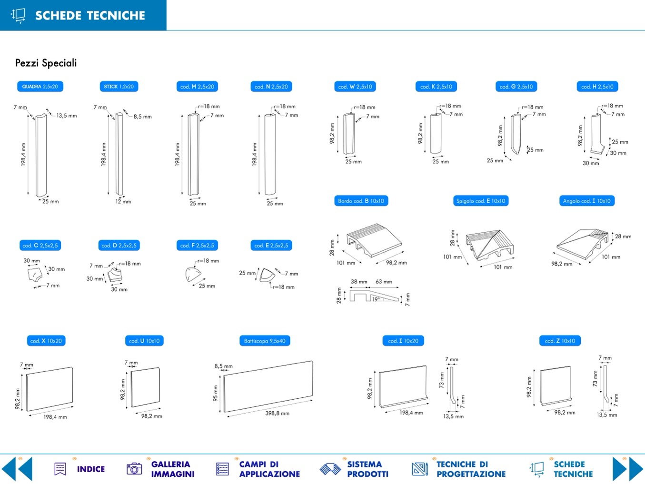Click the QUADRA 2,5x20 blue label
point(40,87)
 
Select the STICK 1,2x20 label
point(119,87)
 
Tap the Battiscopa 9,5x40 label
point(265,341)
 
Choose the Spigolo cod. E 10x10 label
point(481,201)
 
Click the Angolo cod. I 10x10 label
point(586,201)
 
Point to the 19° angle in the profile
point(376,299)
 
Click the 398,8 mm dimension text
point(277,413)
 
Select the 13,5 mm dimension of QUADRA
point(67,116)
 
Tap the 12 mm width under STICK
point(123,201)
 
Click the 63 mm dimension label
point(384,282)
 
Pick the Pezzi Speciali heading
point(46,63)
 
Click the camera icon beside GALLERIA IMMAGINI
point(134,469)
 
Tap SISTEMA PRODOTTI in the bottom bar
point(367,469)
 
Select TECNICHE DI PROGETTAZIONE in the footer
point(471,469)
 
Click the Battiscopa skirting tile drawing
point(268,386)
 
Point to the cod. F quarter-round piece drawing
point(193,275)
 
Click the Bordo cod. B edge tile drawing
point(374,240)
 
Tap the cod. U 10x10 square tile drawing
point(145,387)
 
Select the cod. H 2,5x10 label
point(597,87)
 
